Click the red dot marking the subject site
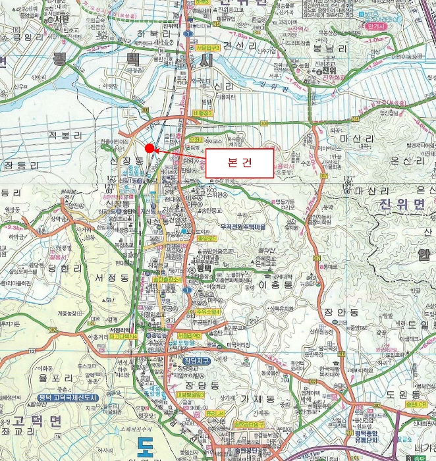coord(150,148)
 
